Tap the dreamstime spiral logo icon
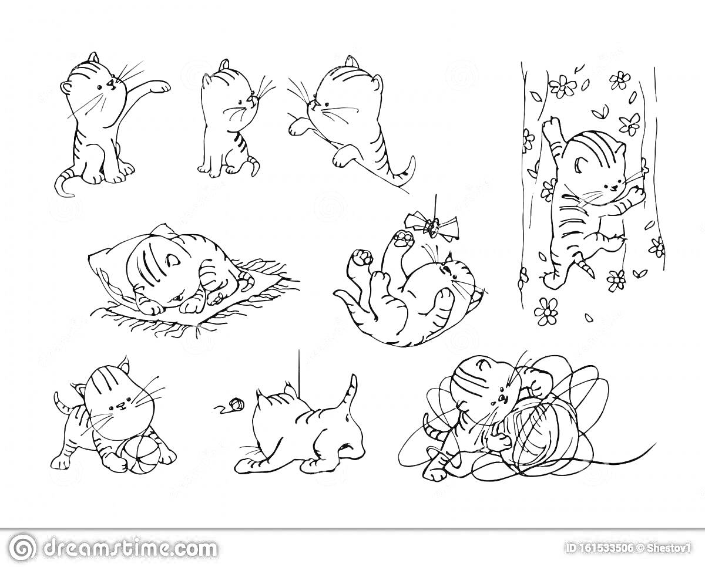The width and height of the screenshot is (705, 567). point(22,546)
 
